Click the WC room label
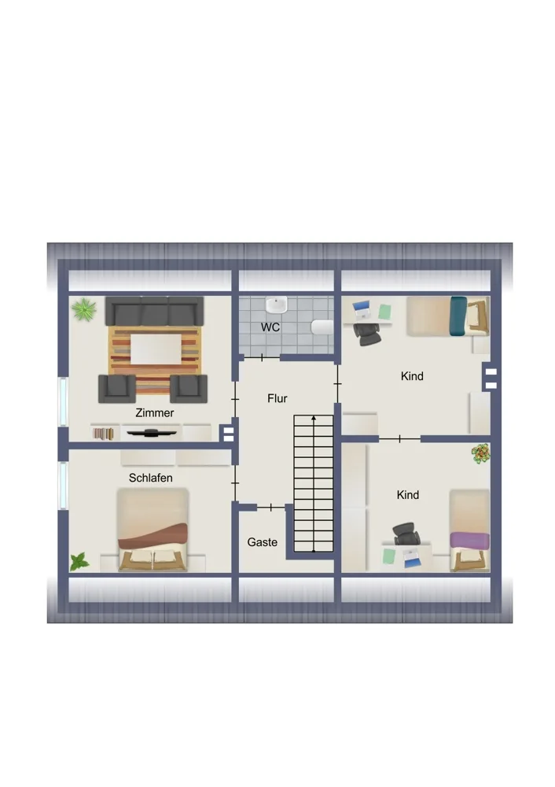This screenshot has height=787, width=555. pos(270,327)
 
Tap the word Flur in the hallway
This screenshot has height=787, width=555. pos(277,398)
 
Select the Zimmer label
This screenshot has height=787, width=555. pos(154,413)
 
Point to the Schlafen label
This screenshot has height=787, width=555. pos(150,478)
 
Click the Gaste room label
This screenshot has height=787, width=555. pos(263,542)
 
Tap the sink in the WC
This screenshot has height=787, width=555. pos(276,305)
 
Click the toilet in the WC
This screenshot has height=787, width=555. pos(322,327)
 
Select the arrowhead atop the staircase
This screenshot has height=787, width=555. pos(314,418)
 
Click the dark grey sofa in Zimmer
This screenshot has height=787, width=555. pos(154,311)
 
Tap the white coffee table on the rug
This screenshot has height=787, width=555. pos(156,349)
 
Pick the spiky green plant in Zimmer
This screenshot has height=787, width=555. pos(84,309)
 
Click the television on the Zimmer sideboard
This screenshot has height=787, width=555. pos(152,433)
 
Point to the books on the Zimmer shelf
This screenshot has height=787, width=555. pos(103,434)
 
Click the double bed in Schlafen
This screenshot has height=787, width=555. pos(153,530)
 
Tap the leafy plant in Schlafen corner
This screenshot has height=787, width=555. pos(79,562)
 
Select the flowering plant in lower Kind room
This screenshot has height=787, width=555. pos(481,454)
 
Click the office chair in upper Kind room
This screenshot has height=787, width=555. pos(366,334)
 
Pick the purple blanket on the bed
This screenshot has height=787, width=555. pos(470,541)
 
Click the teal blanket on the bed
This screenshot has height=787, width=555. pos(458,316)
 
